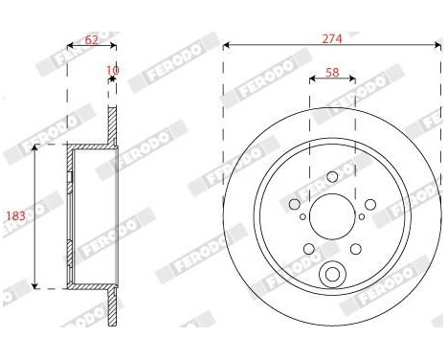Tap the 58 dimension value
(332, 72)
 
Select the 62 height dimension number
(91, 39)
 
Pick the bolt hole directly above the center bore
(332, 175)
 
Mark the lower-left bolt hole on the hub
(307, 248)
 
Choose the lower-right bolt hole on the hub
(357, 248)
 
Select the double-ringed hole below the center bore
(332, 273)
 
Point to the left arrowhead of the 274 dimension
(226, 45)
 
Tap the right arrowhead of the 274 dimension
(437, 45)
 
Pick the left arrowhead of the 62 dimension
(69, 46)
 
